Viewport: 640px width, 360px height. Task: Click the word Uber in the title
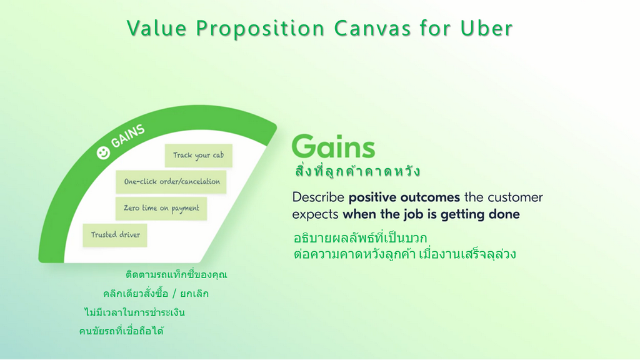click(486, 28)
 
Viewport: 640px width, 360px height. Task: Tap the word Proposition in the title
click(261, 29)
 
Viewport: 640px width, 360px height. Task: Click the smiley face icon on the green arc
click(103, 153)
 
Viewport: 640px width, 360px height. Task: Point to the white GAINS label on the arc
click(127, 136)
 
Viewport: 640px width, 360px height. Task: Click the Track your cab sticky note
click(198, 156)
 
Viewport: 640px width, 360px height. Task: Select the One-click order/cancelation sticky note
click(171, 182)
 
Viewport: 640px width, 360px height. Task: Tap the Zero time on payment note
click(161, 209)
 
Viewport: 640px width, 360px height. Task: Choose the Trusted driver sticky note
click(115, 235)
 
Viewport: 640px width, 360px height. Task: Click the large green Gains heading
click(334, 146)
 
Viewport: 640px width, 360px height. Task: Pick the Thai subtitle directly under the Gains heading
click(357, 171)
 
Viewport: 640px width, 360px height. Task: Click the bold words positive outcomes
click(404, 197)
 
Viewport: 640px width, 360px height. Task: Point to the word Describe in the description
click(318, 197)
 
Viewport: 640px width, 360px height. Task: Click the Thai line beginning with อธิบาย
click(360, 237)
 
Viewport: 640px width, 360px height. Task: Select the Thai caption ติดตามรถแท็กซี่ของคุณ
click(176, 274)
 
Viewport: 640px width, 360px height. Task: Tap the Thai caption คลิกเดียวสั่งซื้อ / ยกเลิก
click(156, 294)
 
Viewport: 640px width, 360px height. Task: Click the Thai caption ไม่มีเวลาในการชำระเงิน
click(135, 312)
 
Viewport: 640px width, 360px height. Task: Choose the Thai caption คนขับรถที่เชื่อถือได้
click(121, 331)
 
